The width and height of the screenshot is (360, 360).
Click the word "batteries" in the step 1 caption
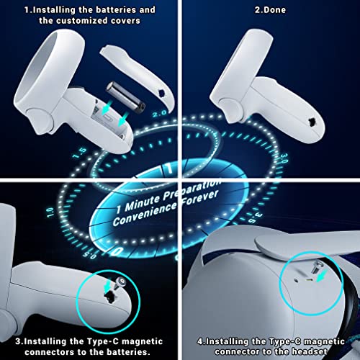pos(112,10)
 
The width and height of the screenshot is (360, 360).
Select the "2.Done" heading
pos(270,10)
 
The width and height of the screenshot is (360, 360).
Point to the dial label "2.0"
pos(159,113)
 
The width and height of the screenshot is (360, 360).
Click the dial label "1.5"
pos(80,153)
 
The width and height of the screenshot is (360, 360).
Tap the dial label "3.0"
pos(284,158)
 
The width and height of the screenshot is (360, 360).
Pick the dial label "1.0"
pos(50,212)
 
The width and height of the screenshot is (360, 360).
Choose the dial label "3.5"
pos(255,217)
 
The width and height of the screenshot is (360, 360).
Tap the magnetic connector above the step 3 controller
pos(119,282)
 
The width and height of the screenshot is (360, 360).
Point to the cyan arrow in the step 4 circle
pos(323,276)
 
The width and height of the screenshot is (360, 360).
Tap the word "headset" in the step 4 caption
pos(309,351)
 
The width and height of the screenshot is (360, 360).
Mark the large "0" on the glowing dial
pos(117,251)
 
